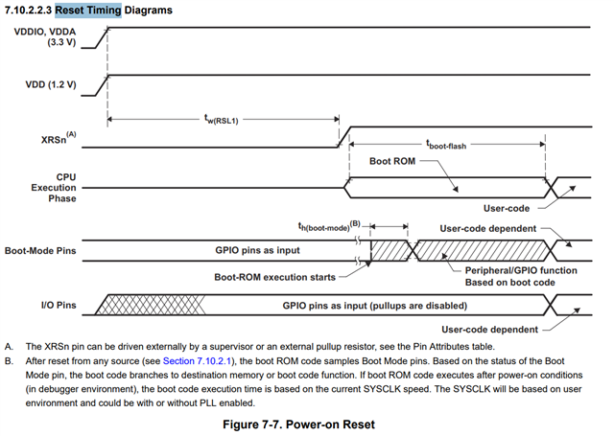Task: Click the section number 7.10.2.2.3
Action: pos(28,11)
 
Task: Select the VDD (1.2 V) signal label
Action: pos(51,85)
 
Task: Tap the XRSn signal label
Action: pos(59,138)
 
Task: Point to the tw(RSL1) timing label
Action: pos(222,119)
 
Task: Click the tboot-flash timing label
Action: pos(446,145)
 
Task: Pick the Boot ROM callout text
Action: pos(392,161)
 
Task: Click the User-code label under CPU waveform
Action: pos(507,209)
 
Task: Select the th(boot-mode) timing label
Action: pos(329,226)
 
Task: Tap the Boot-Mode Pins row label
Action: pos(40,251)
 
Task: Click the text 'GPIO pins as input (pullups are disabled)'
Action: pos(375,306)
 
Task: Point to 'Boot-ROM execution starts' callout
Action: pos(275,277)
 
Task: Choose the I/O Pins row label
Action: pos(59,305)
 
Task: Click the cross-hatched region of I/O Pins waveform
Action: pos(151,305)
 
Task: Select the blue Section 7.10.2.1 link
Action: pos(197,361)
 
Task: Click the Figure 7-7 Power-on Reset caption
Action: pos(298,425)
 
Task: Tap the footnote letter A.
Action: pos(9,347)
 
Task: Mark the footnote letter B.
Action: pos(9,361)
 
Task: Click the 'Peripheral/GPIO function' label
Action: pos(521,270)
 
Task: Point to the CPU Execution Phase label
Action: pos(54,188)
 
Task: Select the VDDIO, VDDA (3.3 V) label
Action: pos(45,36)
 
